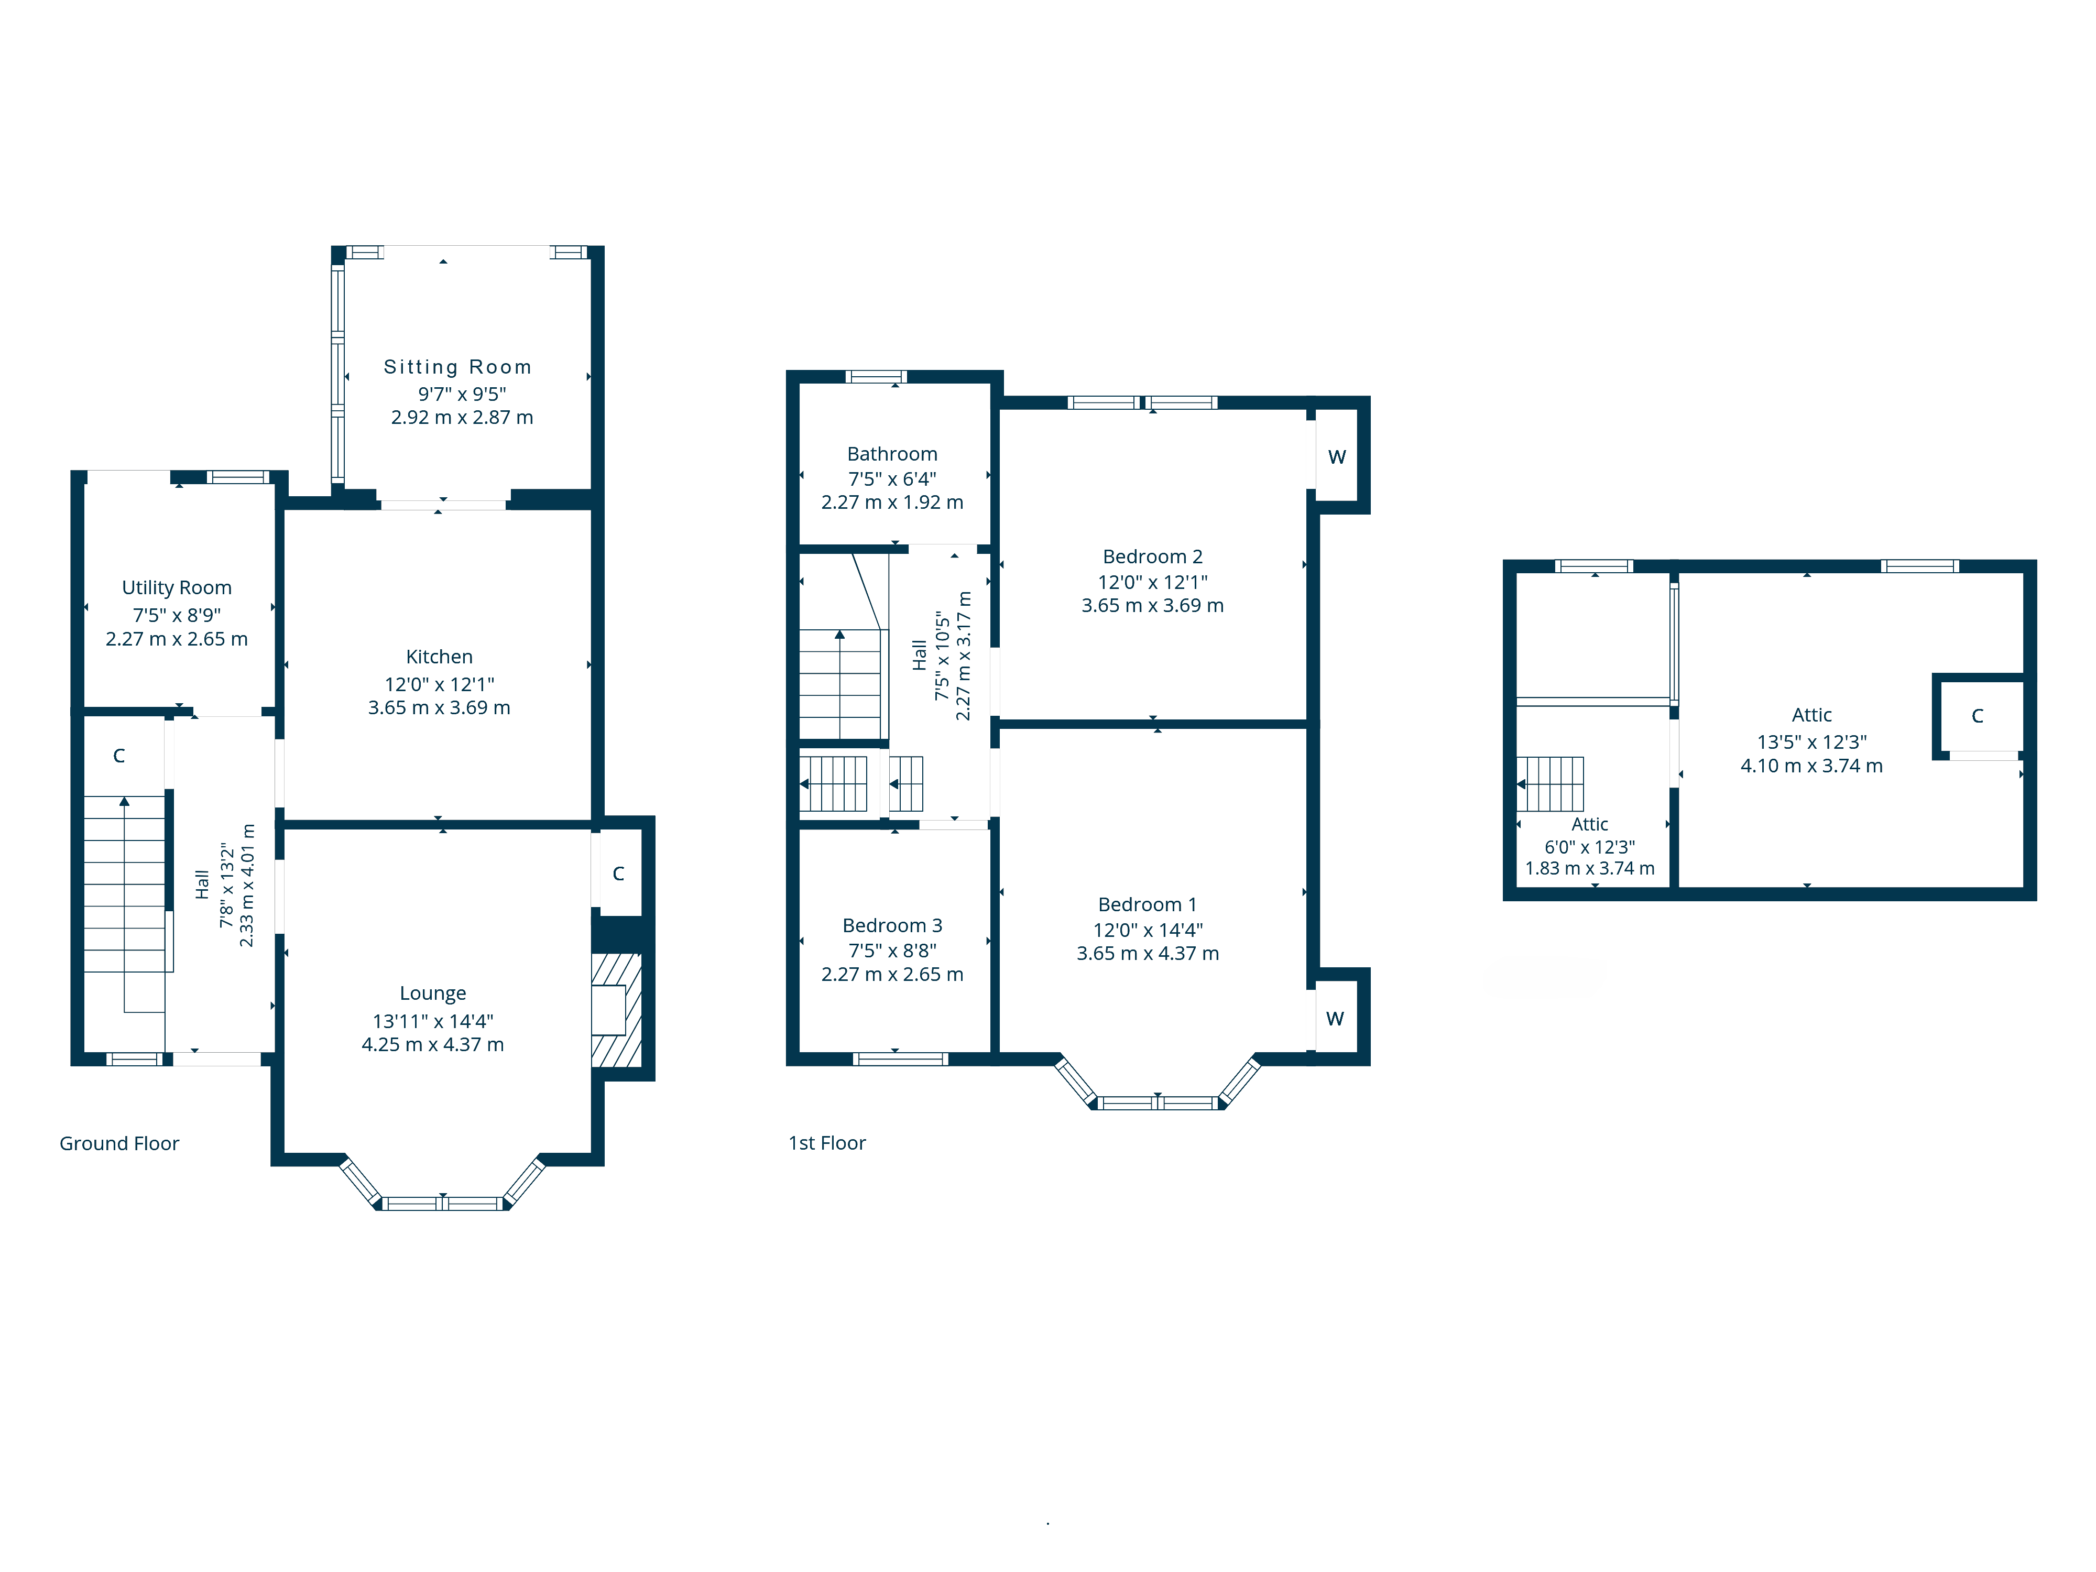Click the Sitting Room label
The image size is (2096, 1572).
pyautogui.click(x=457, y=367)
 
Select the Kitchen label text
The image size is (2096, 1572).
pyautogui.click(x=439, y=657)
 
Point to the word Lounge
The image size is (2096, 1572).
pyautogui.click(x=432, y=993)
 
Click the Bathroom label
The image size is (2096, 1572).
pyautogui.click(x=892, y=454)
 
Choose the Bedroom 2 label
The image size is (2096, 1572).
pyautogui.click(x=1152, y=556)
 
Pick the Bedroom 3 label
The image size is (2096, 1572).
pyautogui.click(x=892, y=925)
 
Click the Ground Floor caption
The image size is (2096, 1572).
pyautogui.click(x=119, y=1143)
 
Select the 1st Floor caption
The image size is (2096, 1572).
pyautogui.click(x=826, y=1143)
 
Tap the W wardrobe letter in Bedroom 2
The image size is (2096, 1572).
pyautogui.click(x=1336, y=457)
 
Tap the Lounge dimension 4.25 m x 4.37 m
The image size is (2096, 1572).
pyautogui.click(x=432, y=1044)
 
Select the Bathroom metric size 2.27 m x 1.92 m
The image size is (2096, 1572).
pyautogui.click(x=892, y=502)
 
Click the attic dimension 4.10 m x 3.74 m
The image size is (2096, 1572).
pyautogui.click(x=1811, y=766)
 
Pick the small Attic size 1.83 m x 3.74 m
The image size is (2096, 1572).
pyautogui.click(x=1589, y=868)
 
